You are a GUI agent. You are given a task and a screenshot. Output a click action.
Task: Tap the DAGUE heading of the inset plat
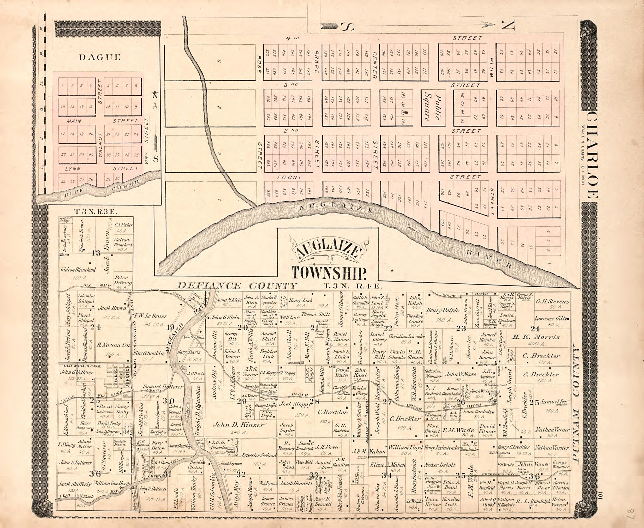click(100, 57)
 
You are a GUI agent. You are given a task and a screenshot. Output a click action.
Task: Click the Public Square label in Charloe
click(433, 108)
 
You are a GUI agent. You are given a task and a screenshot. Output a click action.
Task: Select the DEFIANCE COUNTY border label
click(237, 286)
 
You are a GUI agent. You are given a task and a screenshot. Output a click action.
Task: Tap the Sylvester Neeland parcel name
click(259, 455)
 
